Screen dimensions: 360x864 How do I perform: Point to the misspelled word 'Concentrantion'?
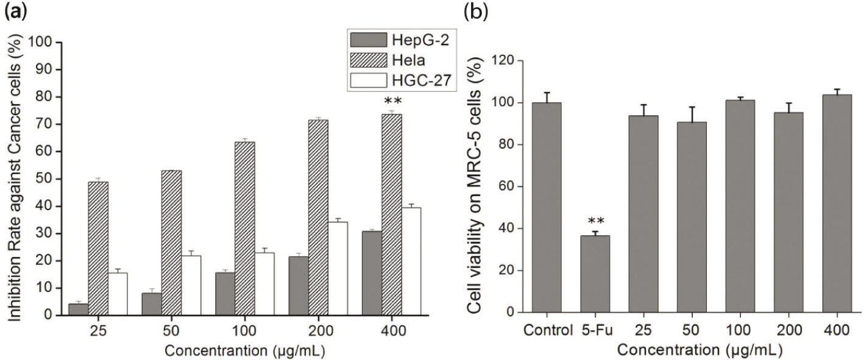coord(214,351)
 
